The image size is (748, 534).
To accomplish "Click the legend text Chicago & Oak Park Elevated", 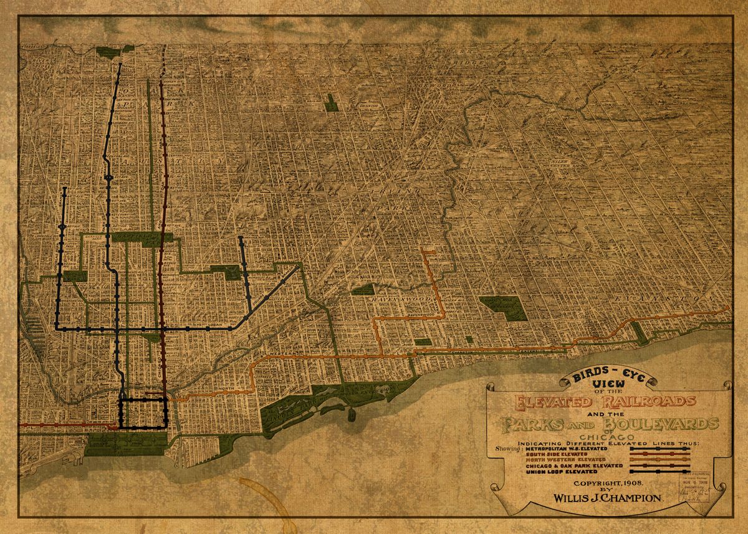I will (x=573, y=465).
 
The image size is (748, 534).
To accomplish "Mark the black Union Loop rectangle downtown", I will (x=144, y=412).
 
